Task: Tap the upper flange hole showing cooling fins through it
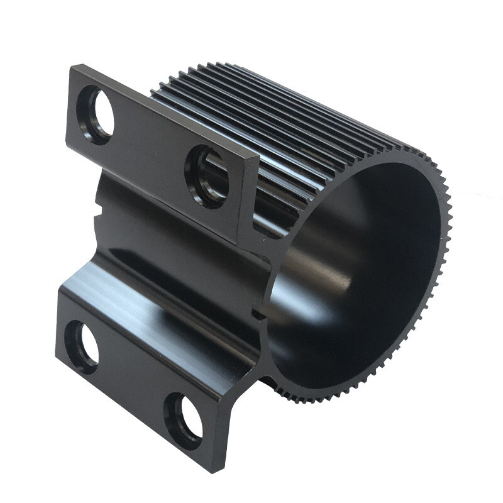[207, 177]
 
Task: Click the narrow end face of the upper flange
[249, 201]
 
